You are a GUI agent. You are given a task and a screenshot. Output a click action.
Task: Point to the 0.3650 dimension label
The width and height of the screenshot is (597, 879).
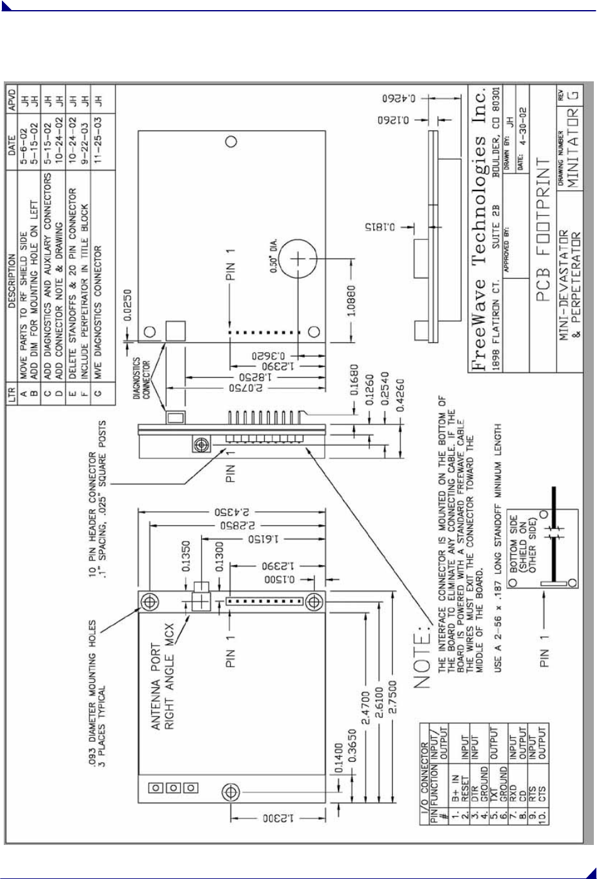click(x=354, y=745)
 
